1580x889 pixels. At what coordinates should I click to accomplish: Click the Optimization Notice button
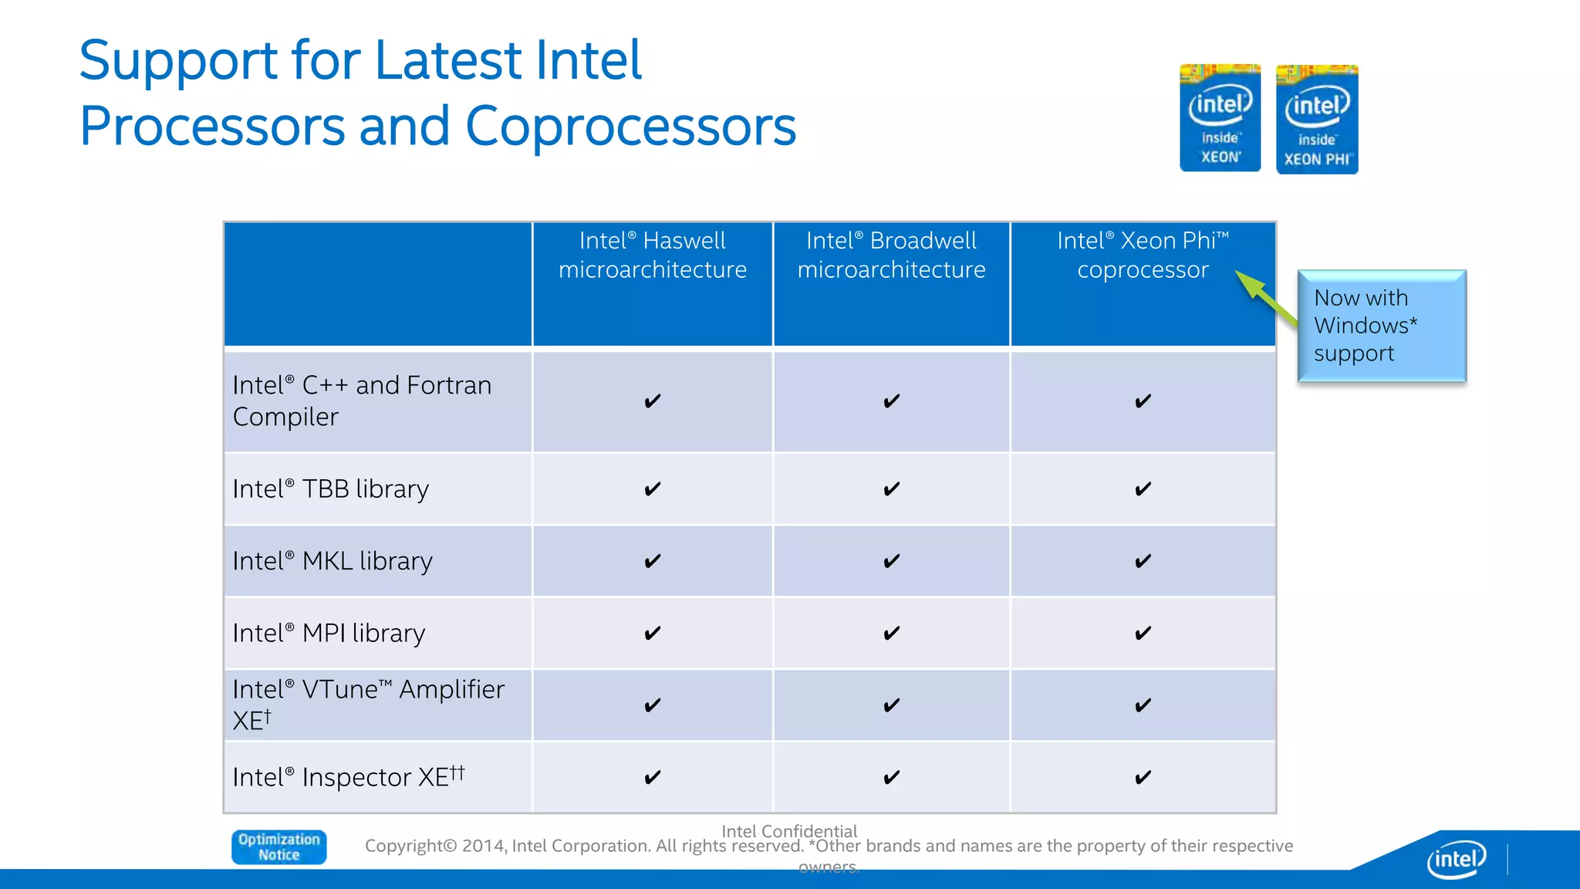coord(279,847)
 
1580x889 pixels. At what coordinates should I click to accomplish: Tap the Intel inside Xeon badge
coord(1220,118)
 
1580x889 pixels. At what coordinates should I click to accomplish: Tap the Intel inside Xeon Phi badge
coord(1317,120)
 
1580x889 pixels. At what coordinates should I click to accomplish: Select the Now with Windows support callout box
coord(1381,325)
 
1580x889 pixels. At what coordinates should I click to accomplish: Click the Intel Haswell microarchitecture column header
coord(652,255)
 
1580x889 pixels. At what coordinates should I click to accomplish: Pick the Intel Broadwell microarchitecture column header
coord(891,255)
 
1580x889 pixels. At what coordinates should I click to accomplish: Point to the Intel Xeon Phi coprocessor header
coord(1142,255)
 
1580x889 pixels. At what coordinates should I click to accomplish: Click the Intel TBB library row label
coord(330,489)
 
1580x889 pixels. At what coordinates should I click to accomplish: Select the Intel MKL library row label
coord(333,561)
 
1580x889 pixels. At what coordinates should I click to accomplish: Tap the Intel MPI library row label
coord(329,634)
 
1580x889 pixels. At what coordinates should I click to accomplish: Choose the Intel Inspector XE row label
coord(348,777)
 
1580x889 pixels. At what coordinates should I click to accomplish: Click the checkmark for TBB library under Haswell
coord(652,489)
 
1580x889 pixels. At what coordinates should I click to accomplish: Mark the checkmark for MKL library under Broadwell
coord(891,561)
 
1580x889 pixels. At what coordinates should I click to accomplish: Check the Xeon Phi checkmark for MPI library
coord(1143,634)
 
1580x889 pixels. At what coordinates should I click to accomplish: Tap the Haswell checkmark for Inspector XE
coord(652,777)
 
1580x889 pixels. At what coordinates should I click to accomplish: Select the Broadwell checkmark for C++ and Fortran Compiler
coord(891,401)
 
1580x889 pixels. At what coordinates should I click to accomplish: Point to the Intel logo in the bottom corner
coord(1456,859)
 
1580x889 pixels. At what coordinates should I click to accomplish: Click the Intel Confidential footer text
coord(788,831)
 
